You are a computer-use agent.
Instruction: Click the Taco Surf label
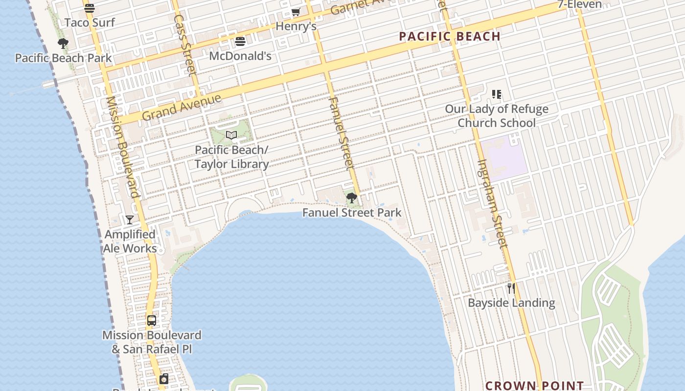[x=90, y=22]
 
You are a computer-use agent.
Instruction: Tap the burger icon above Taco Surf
[x=89, y=8]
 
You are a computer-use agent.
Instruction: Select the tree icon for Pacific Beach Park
[x=63, y=43]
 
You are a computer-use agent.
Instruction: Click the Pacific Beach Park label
[x=64, y=58]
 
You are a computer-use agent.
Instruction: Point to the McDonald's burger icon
[x=240, y=42]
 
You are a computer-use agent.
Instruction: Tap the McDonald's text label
[x=240, y=56]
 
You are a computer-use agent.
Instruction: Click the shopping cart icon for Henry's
[x=296, y=12]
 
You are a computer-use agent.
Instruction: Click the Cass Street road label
[x=185, y=45]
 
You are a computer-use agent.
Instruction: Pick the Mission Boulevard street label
[x=123, y=147]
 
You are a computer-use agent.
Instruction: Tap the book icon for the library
[x=231, y=135]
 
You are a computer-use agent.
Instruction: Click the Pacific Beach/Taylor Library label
[x=231, y=157]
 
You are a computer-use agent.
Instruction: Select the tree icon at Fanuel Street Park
[x=351, y=198]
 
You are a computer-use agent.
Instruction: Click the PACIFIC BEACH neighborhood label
[x=450, y=37]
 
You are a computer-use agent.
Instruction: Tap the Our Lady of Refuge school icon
[x=497, y=94]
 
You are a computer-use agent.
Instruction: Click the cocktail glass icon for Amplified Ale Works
[x=130, y=220]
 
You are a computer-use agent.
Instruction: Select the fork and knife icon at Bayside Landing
[x=511, y=288]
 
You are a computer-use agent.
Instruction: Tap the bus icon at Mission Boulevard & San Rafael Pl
[x=152, y=321]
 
